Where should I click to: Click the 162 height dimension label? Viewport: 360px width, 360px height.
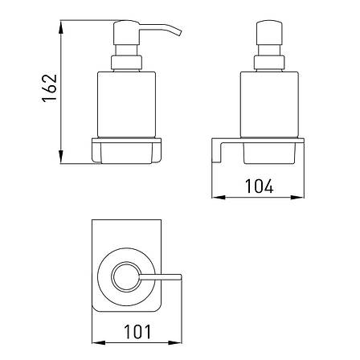point(50,88)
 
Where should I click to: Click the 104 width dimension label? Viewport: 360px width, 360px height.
point(260,186)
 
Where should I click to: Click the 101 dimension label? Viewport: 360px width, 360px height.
point(137,332)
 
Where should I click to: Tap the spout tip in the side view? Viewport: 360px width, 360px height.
point(179,32)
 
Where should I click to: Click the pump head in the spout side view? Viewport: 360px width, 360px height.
point(127,32)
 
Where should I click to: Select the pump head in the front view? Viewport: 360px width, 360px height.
point(269,32)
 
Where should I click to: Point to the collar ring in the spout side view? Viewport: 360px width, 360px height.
point(126,63)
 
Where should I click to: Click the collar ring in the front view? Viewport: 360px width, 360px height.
point(269,63)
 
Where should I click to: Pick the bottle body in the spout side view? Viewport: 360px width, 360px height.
point(126,104)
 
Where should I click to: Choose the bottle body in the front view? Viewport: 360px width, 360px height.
point(269,104)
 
